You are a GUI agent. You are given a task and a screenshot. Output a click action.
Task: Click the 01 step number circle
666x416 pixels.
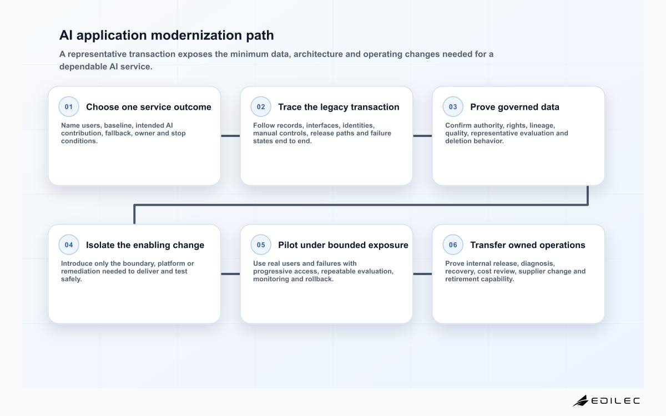69,106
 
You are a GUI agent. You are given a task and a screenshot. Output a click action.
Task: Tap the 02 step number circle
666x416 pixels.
261,106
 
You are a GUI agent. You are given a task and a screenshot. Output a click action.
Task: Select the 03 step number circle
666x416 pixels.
453,106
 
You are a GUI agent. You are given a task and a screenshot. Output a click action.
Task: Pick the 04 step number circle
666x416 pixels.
69,245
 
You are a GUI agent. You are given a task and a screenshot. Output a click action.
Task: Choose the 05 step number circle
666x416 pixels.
261,245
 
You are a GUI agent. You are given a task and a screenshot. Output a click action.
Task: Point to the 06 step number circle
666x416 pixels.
453,245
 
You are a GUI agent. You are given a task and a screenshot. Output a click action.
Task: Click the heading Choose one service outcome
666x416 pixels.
149,107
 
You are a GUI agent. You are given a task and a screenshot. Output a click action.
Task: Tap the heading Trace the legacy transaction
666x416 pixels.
339,107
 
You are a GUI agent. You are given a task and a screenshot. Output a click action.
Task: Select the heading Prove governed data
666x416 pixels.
514,107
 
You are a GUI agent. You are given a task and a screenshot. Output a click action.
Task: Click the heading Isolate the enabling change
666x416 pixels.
145,245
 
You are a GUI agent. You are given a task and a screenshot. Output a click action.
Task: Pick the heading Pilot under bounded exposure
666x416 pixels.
343,245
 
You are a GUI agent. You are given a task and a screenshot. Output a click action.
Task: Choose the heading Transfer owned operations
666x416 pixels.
528,245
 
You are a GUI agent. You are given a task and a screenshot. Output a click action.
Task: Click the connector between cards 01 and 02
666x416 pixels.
230,136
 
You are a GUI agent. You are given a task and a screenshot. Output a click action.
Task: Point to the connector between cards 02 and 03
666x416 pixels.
422,136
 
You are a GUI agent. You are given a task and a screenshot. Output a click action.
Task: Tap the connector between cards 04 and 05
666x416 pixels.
230,274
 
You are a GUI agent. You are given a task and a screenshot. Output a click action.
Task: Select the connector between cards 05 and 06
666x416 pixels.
422,274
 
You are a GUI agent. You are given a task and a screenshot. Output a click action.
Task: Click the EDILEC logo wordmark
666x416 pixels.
615,401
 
